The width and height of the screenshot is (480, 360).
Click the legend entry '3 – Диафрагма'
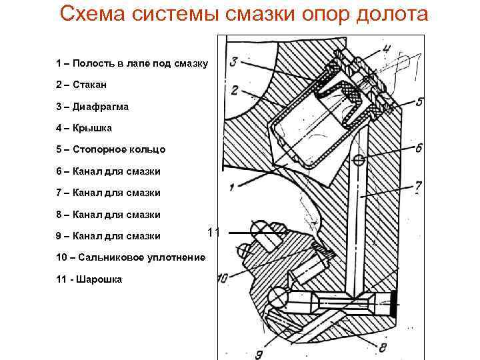(x=93, y=106)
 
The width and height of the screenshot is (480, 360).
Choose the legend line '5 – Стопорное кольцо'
(x=111, y=149)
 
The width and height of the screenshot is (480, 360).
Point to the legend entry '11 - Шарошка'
(x=89, y=279)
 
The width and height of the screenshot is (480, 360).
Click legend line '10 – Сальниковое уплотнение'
(x=131, y=257)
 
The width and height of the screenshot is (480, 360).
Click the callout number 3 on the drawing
(x=233, y=62)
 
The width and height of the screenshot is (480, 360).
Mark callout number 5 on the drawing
(x=418, y=102)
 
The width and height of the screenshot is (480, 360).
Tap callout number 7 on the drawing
(x=417, y=189)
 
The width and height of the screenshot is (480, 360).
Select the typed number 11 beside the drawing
(x=213, y=233)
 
